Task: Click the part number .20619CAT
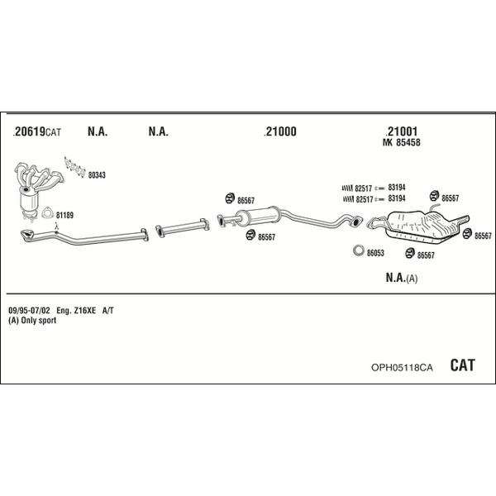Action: pos(38,131)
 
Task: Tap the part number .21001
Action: pos(402,131)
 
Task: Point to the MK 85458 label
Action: pos(403,142)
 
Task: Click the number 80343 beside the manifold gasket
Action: pos(98,174)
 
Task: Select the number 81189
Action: pos(64,216)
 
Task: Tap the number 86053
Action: pos(376,253)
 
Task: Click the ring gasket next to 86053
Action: pos(359,251)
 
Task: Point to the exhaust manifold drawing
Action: pos(37,178)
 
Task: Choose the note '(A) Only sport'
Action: pos(32,320)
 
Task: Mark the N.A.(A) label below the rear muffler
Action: pos(402,279)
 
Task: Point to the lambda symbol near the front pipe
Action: pos(55,226)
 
